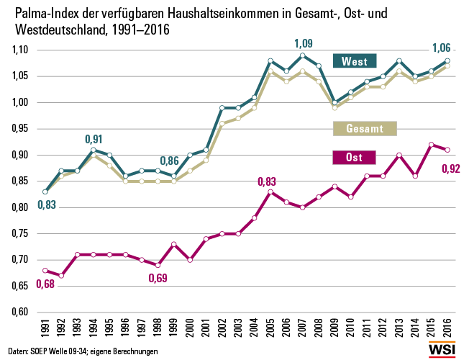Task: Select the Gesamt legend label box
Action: (x=358, y=129)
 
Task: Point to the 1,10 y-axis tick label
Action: (x=19, y=50)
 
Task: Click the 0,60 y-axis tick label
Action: (x=19, y=312)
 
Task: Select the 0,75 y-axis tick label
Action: (x=19, y=234)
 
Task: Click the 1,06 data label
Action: (x=440, y=48)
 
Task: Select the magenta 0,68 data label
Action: (x=45, y=284)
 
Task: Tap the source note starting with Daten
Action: (x=83, y=351)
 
